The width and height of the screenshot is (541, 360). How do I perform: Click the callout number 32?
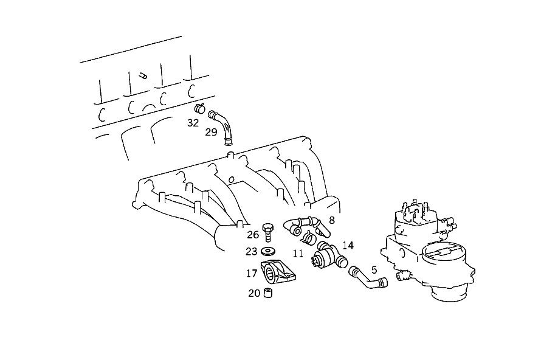[193, 122]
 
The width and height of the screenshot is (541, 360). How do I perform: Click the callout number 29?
[211, 132]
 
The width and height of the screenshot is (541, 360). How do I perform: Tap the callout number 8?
[332, 220]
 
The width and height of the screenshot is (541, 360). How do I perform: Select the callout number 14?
[348, 245]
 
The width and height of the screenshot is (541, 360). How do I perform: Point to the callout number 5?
[374, 269]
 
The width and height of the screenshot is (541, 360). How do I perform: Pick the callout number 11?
[298, 254]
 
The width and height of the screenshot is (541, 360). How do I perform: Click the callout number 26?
[253, 235]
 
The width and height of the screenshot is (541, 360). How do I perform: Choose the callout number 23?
[252, 252]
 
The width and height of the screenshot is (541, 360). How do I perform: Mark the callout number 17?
[252, 274]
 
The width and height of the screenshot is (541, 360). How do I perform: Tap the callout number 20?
[254, 293]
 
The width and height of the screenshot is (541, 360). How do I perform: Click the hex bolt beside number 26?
[267, 232]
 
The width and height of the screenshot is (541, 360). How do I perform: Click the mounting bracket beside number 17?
[277, 272]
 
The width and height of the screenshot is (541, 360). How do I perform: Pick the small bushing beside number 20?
[268, 293]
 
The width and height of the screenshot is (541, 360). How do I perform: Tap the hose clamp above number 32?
[199, 108]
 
